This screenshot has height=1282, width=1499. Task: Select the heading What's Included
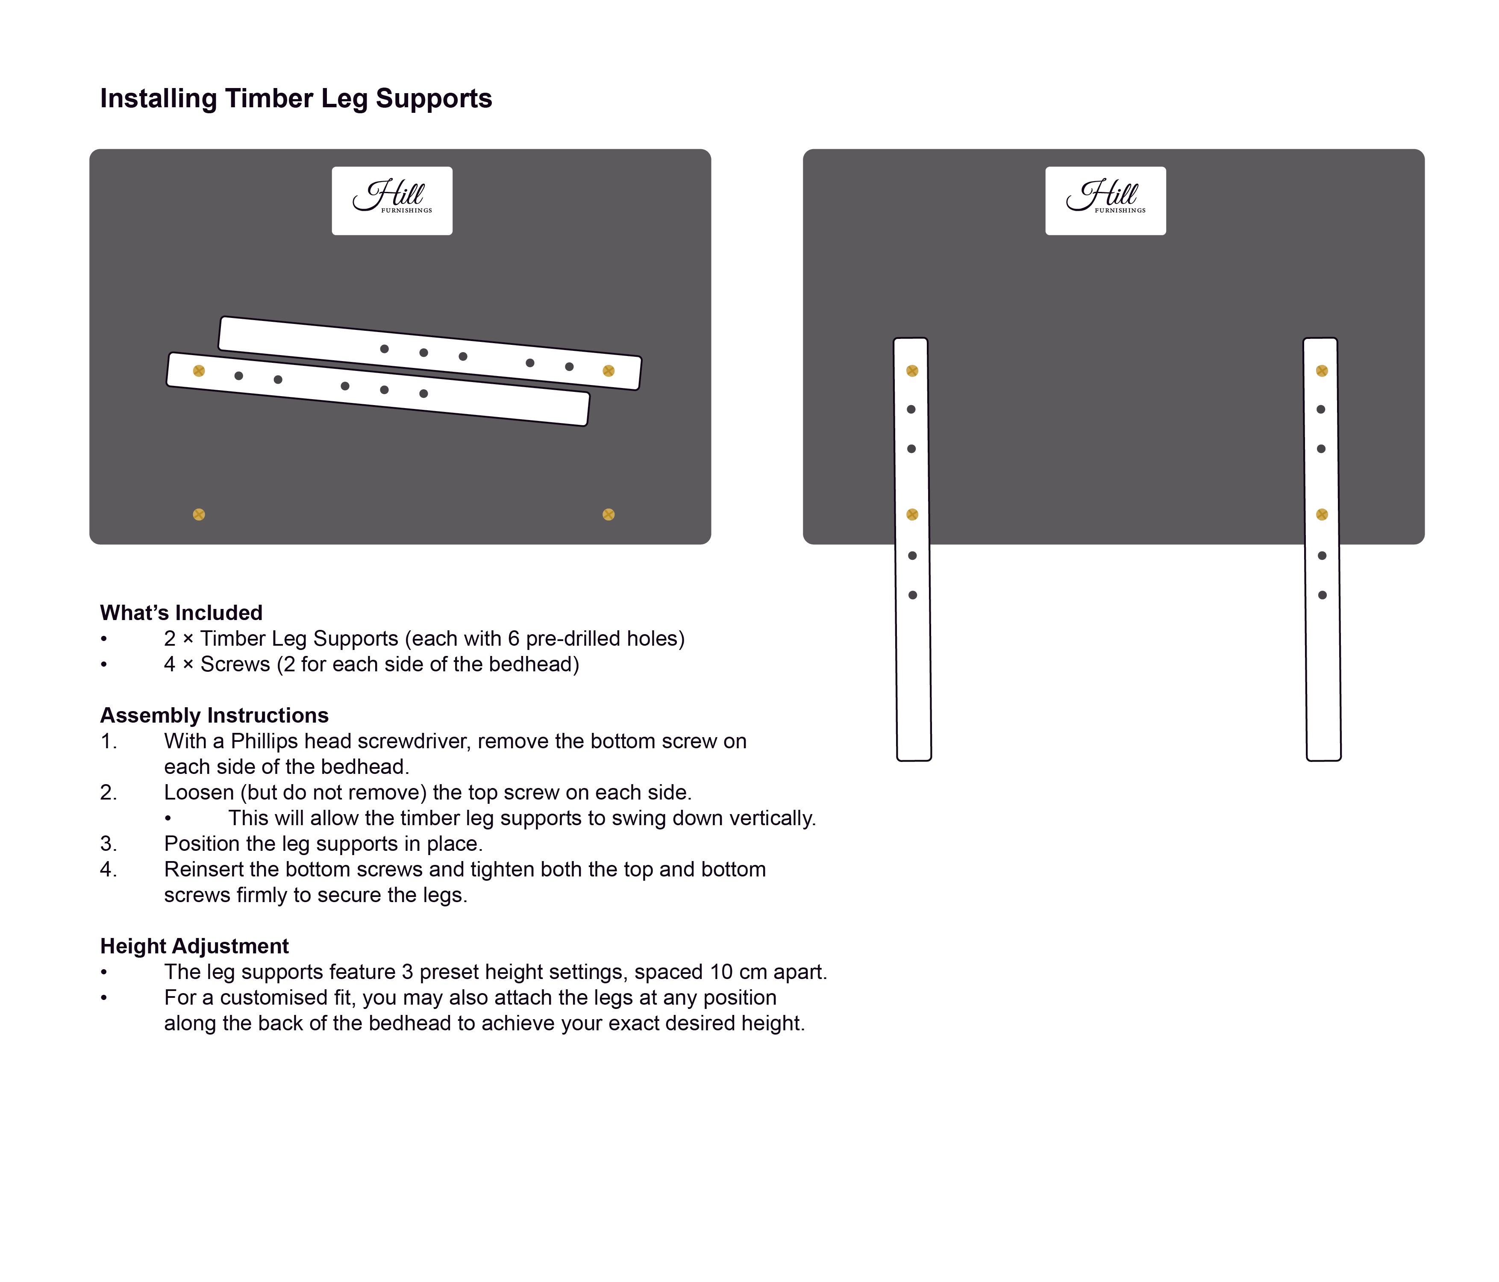click(181, 613)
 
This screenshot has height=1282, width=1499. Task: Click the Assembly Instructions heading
click(214, 715)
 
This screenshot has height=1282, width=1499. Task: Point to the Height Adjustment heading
click(194, 946)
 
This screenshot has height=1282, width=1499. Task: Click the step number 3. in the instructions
click(109, 844)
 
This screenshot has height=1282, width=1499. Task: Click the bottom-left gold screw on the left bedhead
click(199, 515)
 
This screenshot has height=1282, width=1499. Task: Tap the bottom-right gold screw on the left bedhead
click(608, 515)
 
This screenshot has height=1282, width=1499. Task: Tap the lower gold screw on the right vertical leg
click(1322, 515)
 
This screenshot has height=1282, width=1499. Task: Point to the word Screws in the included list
click(235, 664)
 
